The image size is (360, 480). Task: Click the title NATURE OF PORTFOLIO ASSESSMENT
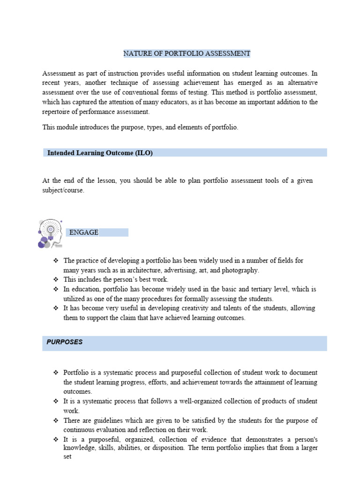(187, 53)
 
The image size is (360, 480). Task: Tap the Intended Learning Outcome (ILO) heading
(100, 153)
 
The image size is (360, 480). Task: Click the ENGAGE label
(83, 232)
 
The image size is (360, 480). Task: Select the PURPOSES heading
(64, 342)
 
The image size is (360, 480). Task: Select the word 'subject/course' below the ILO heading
(63, 190)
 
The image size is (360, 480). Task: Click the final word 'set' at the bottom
(67, 457)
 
